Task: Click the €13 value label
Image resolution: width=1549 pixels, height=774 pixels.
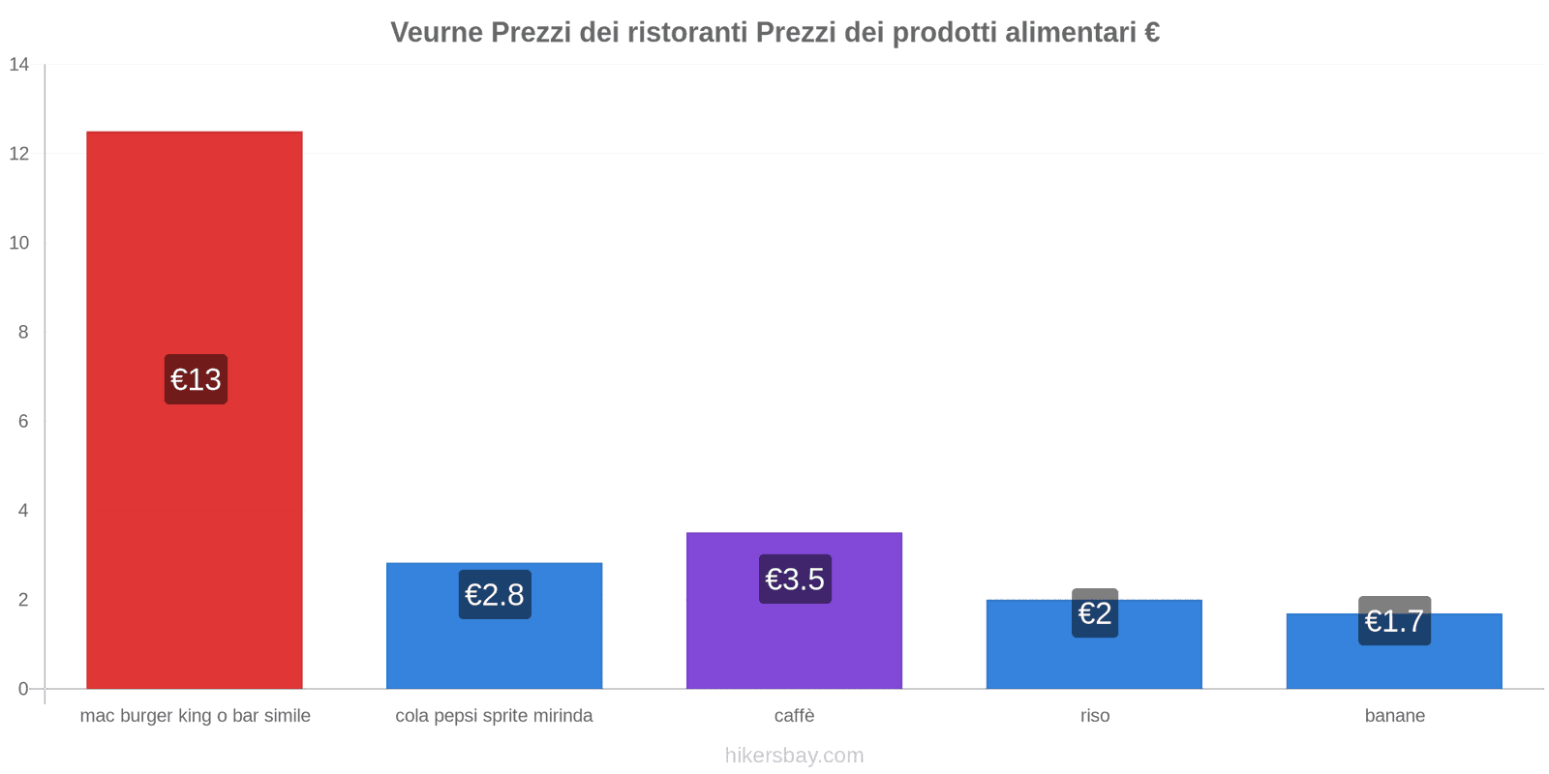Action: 196,379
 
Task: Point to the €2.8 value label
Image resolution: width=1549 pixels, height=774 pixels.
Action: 495,594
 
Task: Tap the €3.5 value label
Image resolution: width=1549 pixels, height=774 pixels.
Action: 795,579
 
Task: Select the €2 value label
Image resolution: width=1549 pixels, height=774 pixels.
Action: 1095,613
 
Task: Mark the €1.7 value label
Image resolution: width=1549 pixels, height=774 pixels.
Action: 1394,621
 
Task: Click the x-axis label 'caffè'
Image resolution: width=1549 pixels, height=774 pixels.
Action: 794,716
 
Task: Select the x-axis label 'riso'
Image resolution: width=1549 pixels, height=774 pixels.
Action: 1095,716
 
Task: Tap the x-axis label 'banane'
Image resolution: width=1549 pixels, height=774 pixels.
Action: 1394,716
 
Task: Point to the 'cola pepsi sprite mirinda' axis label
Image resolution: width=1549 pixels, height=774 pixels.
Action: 494,716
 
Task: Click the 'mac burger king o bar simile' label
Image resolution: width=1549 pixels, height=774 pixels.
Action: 195,716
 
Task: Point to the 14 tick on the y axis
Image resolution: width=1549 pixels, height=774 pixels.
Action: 19,65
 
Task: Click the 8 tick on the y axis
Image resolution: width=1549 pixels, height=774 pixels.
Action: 23,332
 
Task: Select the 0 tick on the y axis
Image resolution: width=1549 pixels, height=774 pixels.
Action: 23,689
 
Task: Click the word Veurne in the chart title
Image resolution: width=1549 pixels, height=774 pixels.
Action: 437,33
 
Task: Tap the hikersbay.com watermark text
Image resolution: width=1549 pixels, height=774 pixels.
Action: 794,756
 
